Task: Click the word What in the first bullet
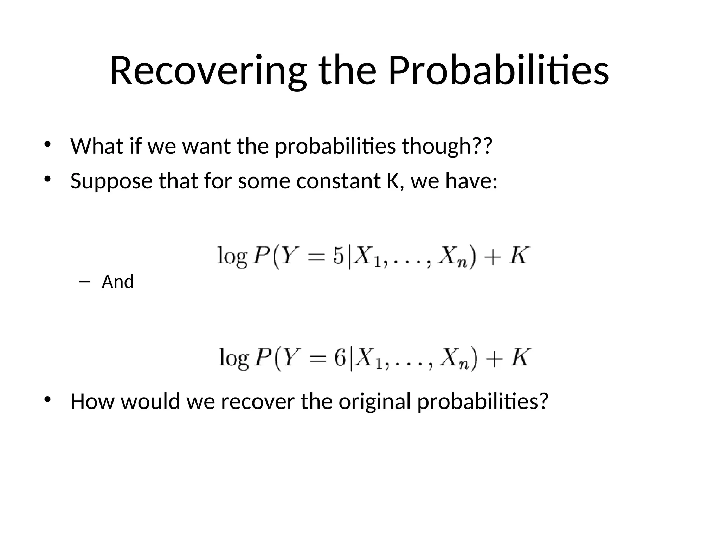pyautogui.click(x=97, y=146)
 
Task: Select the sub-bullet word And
pyautogui.click(x=118, y=282)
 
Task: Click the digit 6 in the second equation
pyautogui.click(x=340, y=358)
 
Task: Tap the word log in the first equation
pyautogui.click(x=232, y=257)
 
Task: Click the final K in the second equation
pyautogui.click(x=520, y=358)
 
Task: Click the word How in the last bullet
pyautogui.click(x=92, y=401)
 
